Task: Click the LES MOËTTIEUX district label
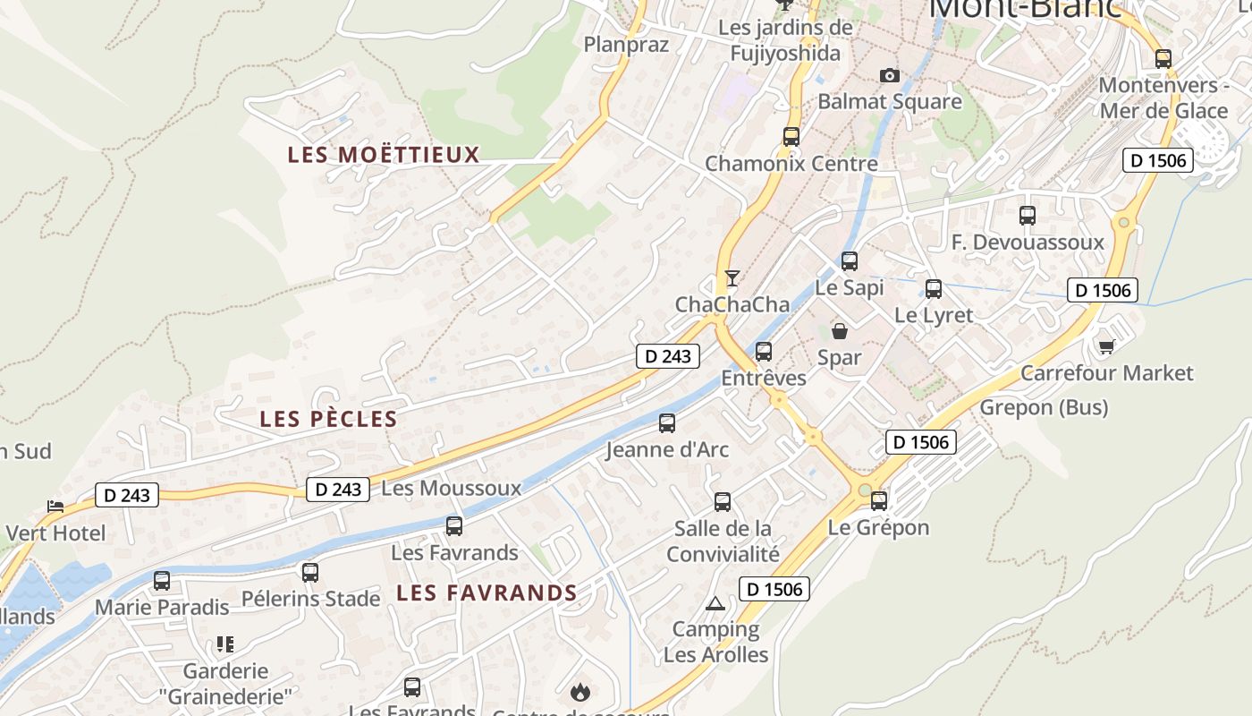384,155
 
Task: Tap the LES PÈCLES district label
328,419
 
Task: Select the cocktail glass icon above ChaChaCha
732,278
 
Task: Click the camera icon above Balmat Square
889,75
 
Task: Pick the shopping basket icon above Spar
840,331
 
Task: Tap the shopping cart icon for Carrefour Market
1106,346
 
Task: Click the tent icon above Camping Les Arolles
715,603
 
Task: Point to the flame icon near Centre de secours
579,692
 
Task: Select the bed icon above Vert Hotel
55,507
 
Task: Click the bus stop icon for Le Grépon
879,501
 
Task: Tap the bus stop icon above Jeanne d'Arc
667,423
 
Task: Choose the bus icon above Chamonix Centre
791,137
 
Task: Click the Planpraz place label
626,45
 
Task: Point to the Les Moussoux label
451,489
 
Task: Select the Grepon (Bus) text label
1044,408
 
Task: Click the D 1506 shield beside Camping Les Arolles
774,589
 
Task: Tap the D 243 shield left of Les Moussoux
338,490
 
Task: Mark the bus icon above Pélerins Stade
310,573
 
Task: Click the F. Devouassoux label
1028,243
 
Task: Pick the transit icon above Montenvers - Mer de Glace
1163,59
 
